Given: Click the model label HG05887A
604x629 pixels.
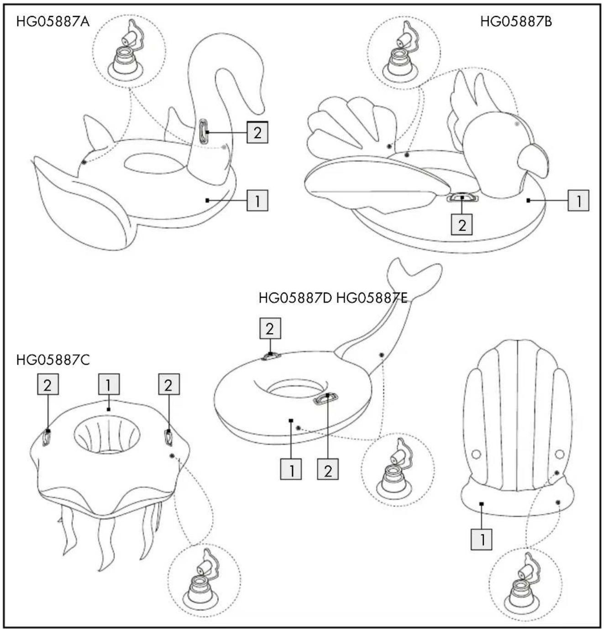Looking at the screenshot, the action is pos(53,22).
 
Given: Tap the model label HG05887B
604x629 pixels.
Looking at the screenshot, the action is pos(516,22).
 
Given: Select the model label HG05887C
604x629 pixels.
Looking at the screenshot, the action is pos(53,360).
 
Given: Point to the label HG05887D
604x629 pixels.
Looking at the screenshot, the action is pos(295,298).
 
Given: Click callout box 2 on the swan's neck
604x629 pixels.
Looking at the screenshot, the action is pos(257,132).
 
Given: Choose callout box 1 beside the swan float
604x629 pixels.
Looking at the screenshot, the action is pos(257,200).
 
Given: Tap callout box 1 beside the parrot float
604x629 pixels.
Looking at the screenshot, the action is pos(578,200).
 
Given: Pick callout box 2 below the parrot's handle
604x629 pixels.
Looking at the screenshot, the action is pos(462,224).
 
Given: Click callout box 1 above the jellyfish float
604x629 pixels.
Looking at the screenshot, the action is pos(109,384).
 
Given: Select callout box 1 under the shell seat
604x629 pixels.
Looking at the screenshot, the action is pos(482,539).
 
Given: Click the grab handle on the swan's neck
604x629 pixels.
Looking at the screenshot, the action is pos(203,131).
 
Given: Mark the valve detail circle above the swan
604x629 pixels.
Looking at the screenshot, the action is pos(129,52).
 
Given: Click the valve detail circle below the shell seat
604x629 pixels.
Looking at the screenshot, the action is pos(525,584).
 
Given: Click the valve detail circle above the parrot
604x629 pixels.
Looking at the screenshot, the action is pos(404,52).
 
